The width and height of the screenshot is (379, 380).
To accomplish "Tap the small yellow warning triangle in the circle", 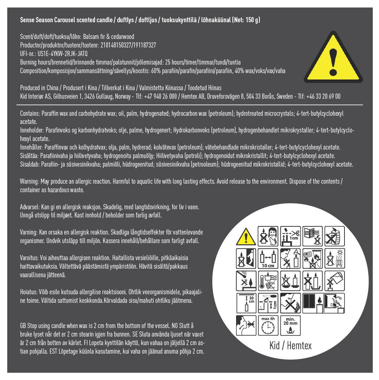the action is (x=246, y=236).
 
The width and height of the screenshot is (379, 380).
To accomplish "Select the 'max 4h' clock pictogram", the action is (x=268, y=325).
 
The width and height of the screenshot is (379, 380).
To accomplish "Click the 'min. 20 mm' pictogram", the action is (x=290, y=325).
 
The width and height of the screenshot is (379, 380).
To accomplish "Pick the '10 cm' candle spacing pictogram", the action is (x=268, y=259).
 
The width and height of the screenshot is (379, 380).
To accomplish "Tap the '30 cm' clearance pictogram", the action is (x=246, y=303).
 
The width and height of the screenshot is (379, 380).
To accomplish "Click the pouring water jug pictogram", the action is (x=334, y=281).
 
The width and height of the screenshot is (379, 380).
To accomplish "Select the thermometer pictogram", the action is (x=268, y=281).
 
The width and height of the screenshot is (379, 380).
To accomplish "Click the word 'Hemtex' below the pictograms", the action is (x=299, y=345).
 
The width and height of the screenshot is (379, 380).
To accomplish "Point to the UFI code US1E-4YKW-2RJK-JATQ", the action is (x=63, y=54).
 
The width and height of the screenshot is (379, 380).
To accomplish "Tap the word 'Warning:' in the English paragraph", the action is (x=29, y=181).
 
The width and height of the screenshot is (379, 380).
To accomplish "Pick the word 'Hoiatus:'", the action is (x=29, y=292).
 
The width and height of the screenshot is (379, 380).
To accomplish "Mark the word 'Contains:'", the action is (x=30, y=114).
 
